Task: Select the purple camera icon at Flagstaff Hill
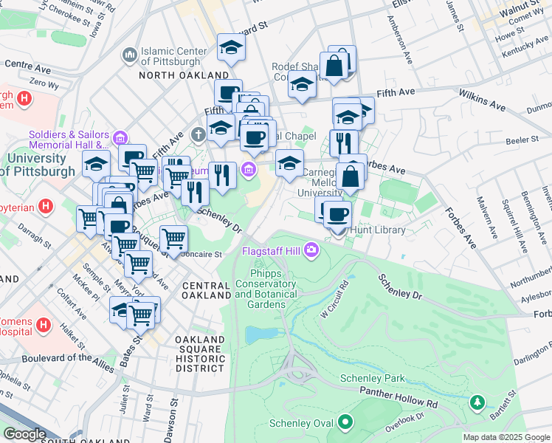pyautogui.click(x=311, y=251)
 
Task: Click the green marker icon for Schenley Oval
pyautogui.click(x=344, y=423)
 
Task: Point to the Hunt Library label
pyautogui.click(x=378, y=230)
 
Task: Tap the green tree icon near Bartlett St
pyautogui.click(x=477, y=402)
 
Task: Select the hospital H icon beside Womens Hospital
pyautogui.click(x=43, y=324)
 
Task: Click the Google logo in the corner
pyautogui.click(x=24, y=434)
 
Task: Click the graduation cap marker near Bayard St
pyautogui.click(x=231, y=49)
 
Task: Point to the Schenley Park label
pyautogui.click(x=373, y=378)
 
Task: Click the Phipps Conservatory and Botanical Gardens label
pyautogui.click(x=266, y=289)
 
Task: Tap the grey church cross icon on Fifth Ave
pyautogui.click(x=197, y=135)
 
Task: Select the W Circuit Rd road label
pyautogui.click(x=334, y=299)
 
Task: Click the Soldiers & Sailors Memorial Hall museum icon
pyautogui.click(x=120, y=137)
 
